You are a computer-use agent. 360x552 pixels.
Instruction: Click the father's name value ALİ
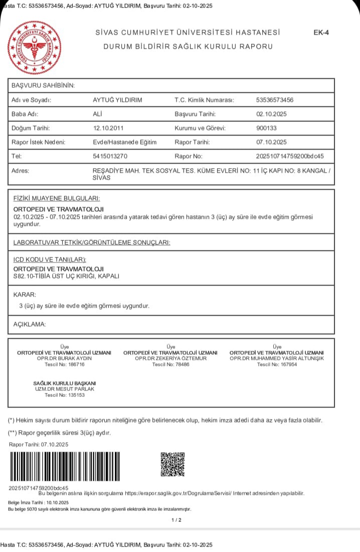98,114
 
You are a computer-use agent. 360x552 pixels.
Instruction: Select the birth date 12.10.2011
109,128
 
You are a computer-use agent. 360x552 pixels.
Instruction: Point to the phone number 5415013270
110,156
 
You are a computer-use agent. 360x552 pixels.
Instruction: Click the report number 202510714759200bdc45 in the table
290,156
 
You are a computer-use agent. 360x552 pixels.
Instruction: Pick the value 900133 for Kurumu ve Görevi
266,128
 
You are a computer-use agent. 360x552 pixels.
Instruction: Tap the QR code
172,464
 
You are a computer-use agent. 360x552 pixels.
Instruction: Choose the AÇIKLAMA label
30,324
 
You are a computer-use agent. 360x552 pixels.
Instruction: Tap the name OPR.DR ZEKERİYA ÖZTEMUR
170,359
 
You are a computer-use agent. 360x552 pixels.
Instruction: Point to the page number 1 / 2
176,520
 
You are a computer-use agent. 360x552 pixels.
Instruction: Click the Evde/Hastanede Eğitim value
125,142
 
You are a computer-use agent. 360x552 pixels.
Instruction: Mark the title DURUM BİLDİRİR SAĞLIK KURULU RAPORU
188,47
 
